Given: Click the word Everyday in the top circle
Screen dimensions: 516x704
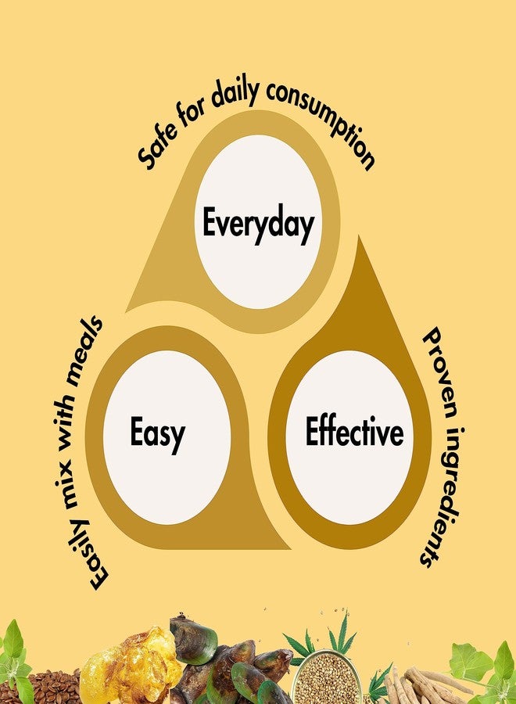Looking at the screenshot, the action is point(257,224).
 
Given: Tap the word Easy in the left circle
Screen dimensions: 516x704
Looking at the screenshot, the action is point(157,433).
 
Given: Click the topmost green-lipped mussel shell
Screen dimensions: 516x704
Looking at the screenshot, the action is point(193,640).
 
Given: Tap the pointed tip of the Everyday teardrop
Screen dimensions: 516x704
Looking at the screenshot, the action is point(127,311).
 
